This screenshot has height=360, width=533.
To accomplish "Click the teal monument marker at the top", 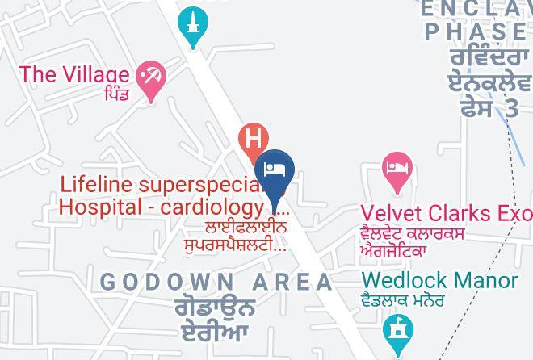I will click(x=193, y=24).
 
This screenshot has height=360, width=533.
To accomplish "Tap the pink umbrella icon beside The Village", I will click(x=150, y=77).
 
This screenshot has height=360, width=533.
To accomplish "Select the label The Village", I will click(x=74, y=74).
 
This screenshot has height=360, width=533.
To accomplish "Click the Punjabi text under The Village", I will click(x=115, y=95).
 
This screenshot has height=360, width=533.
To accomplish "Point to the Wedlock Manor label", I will click(x=439, y=280).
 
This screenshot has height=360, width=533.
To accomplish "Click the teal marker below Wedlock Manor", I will click(x=397, y=329).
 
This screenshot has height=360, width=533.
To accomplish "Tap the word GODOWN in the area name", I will click(x=168, y=282).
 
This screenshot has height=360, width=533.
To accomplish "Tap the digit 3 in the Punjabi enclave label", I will click(x=510, y=108).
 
